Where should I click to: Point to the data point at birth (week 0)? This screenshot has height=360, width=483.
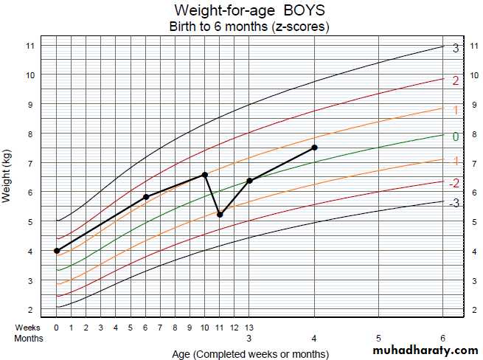point(57,251)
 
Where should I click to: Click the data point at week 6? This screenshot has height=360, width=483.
point(146,196)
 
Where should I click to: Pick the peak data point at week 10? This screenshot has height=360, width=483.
point(205,175)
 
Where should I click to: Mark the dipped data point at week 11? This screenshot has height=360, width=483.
point(220,214)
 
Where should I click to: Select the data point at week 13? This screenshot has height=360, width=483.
point(249,181)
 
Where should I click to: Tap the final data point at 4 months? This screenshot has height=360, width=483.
point(315,148)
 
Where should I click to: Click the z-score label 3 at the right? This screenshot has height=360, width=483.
point(456,49)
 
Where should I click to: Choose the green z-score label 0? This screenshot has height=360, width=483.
point(455,136)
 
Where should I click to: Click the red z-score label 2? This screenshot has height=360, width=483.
point(456,80)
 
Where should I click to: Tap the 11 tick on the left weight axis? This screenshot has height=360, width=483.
point(29,46)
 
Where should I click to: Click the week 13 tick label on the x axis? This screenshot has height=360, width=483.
point(249,327)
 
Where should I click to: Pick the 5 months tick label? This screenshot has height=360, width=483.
point(378,337)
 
